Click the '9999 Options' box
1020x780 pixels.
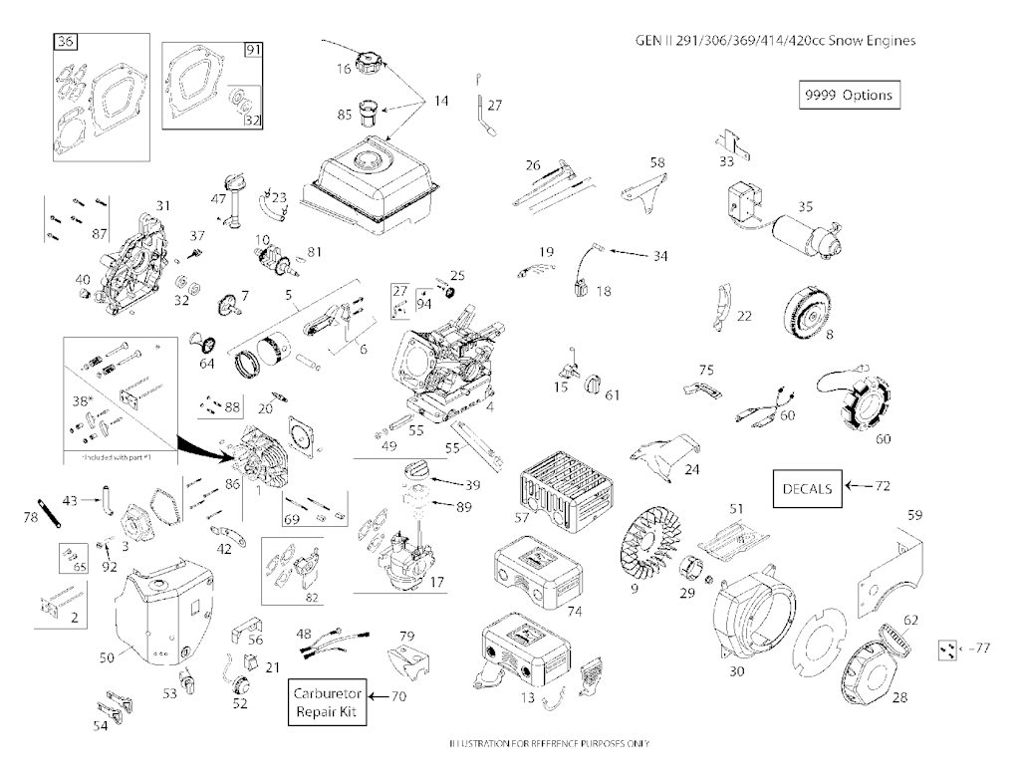tap(847, 96)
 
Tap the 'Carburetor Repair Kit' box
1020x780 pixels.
tap(329, 704)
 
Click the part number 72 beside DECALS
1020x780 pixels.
tap(882, 486)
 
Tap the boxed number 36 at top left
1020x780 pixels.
tap(66, 42)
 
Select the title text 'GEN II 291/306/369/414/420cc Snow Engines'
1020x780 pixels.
tap(774, 41)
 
